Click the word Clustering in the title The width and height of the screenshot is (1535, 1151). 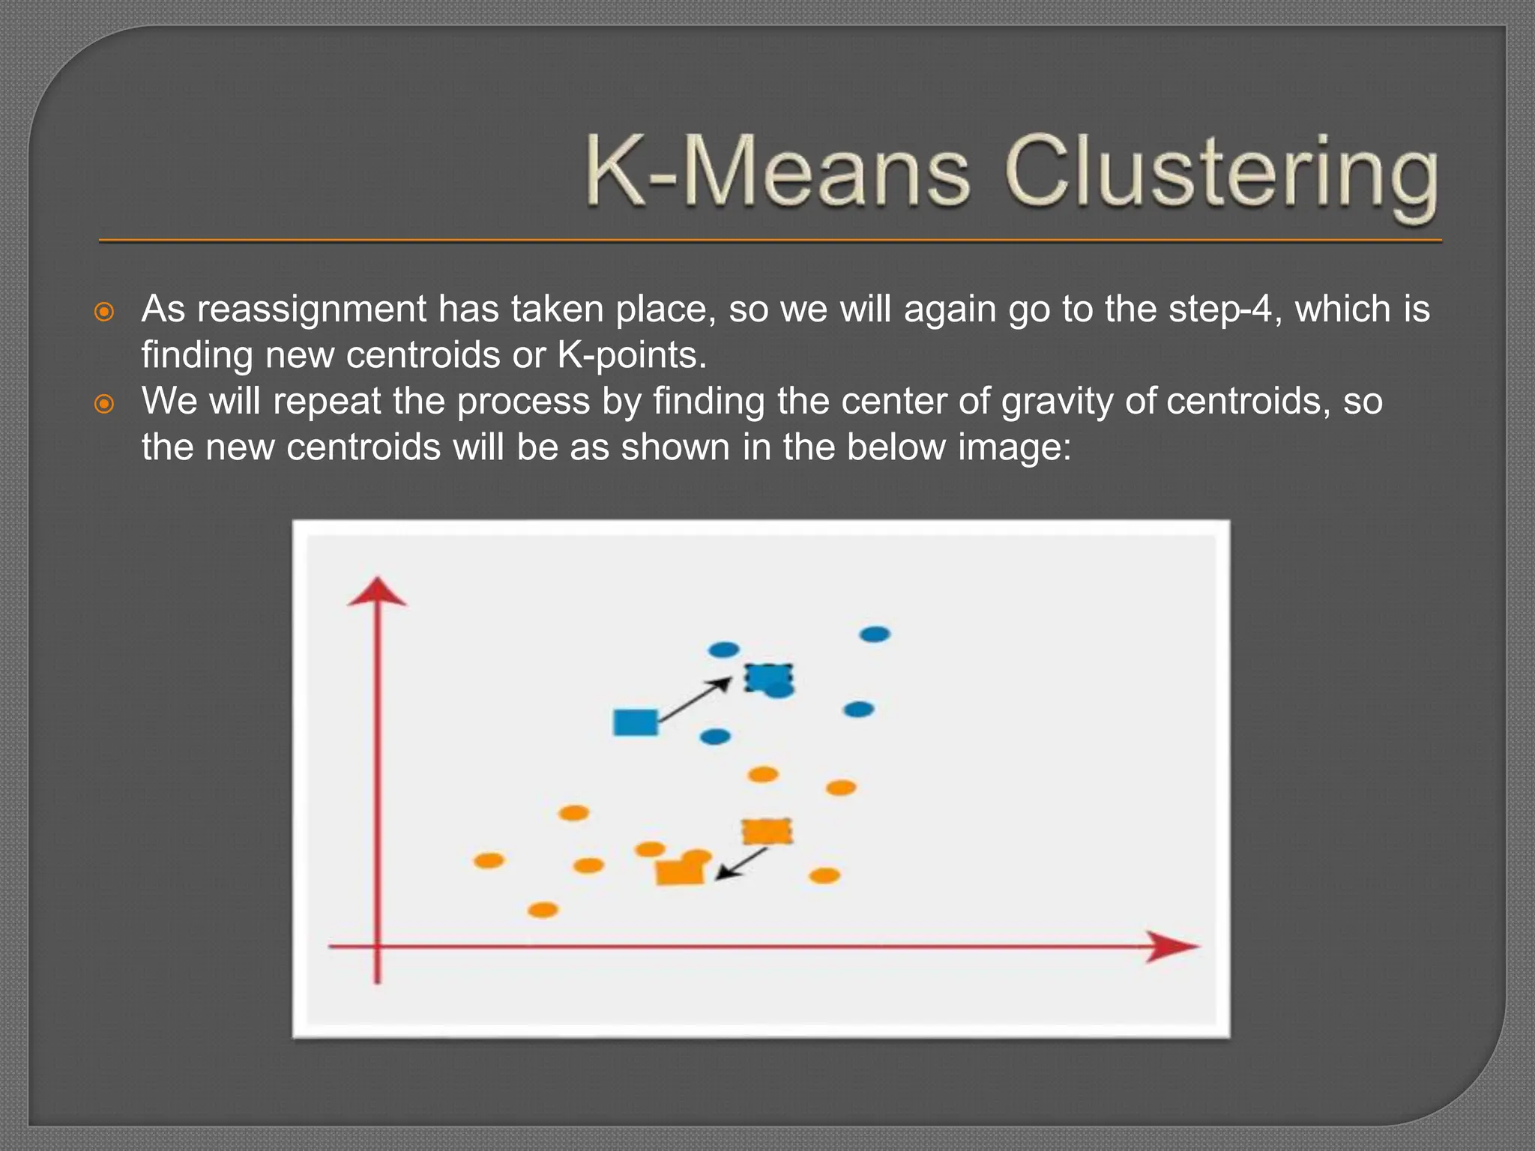coord(1222,174)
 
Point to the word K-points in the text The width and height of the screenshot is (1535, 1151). coord(631,355)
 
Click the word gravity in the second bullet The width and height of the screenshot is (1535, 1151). coord(1058,401)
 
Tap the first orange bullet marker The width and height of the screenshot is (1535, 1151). coord(104,311)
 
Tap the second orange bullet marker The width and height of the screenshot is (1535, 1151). coord(104,404)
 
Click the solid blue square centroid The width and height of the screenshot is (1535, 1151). coord(635,722)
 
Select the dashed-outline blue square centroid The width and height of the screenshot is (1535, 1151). coord(767,677)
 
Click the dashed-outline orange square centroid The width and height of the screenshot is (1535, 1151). coord(767,831)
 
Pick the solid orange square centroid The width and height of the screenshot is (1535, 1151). coord(679,872)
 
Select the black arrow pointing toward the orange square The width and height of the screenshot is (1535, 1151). coord(741,863)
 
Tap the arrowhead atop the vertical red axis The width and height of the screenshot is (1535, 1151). coord(377,592)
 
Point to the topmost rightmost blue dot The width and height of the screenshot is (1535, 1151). coord(874,635)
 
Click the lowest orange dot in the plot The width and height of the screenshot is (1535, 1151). coord(543,910)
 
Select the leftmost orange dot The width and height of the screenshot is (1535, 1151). coord(489,860)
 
